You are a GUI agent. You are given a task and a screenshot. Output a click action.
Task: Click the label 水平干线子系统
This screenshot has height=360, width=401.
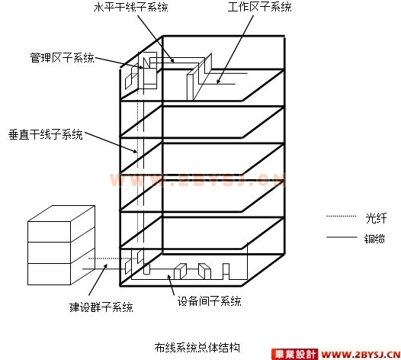[130, 7]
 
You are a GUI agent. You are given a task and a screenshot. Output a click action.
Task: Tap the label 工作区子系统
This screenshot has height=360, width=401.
[259, 7]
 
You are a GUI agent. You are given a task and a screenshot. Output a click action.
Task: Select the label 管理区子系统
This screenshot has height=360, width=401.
[63, 58]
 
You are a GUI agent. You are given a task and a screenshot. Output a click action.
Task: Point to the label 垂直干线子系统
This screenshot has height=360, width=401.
[46, 134]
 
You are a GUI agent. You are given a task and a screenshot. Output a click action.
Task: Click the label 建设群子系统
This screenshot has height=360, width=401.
[101, 307]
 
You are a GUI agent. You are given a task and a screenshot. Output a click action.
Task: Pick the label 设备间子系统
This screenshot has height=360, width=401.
[209, 301]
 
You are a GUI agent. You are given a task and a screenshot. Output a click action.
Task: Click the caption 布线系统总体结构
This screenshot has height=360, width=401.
[197, 348]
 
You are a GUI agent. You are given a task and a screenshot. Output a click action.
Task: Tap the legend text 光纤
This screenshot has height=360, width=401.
[376, 218]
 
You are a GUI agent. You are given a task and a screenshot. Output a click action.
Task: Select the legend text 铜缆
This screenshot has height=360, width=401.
[374, 239]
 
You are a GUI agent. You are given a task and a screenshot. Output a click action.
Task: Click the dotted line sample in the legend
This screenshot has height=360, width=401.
[342, 216]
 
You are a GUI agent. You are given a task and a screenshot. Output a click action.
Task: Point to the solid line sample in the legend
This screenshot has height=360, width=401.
[342, 237]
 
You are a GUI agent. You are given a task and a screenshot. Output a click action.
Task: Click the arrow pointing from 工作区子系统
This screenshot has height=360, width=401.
[235, 50]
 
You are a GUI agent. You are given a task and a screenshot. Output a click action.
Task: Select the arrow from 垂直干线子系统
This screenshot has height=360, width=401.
[111, 143]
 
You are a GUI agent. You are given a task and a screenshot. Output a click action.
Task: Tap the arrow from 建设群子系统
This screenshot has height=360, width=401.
[98, 280]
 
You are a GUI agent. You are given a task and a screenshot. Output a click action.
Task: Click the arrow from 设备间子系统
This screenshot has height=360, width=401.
[171, 285]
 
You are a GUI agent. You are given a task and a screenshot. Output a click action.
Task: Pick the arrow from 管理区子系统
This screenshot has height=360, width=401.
[119, 63]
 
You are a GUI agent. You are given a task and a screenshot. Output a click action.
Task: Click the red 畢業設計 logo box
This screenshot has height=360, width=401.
[294, 355]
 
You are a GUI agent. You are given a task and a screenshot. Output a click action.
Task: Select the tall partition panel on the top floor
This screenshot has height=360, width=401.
[200, 77]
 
